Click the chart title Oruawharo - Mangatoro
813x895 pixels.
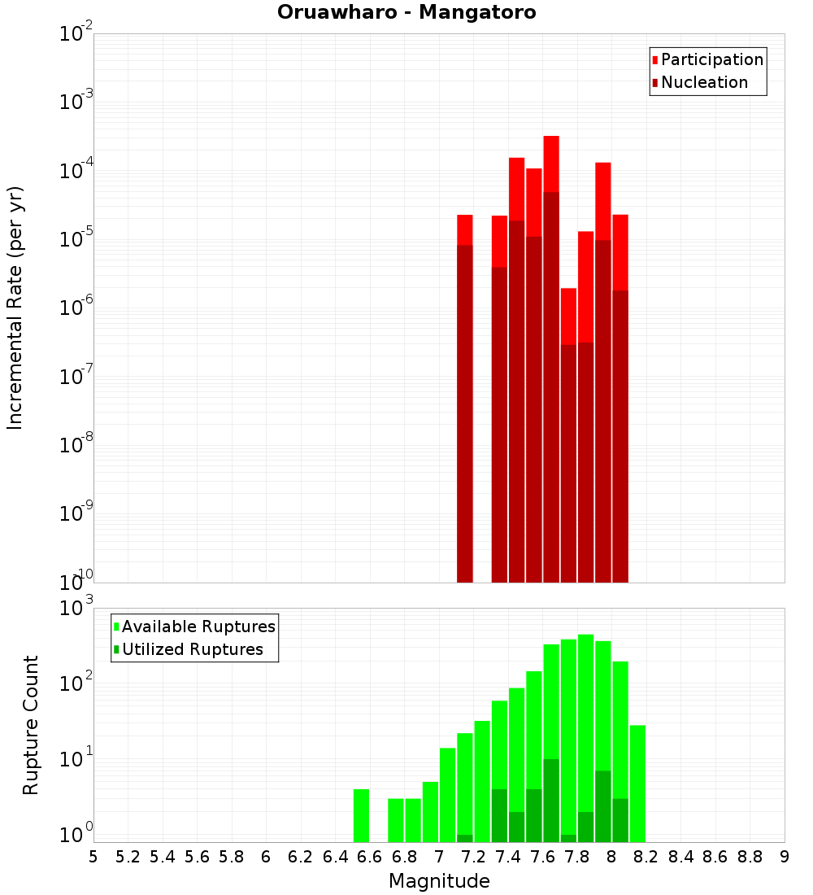tap(406, 13)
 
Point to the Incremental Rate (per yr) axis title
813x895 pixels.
tap(15, 308)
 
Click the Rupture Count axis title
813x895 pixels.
tap(31, 725)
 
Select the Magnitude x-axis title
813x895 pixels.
tap(439, 881)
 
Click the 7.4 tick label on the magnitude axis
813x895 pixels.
tap(508, 857)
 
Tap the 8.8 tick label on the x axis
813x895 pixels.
tap(750, 857)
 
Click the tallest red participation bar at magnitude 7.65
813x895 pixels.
tap(551, 163)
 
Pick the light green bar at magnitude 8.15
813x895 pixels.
tap(637, 781)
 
